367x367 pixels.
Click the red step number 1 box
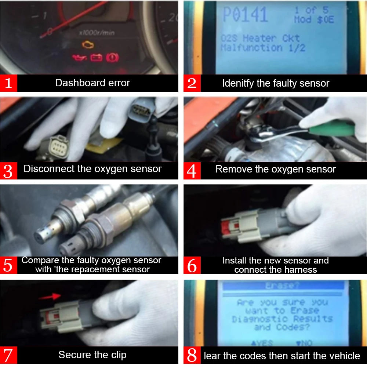point(9,83)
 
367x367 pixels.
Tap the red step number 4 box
point(192,170)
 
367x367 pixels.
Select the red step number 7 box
point(9,355)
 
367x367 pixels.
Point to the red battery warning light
point(96,58)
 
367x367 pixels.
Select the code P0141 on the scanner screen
point(245,15)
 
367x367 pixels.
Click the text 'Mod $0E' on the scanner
point(314,19)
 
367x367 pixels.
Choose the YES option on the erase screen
point(262,343)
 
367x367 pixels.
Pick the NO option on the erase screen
point(304,343)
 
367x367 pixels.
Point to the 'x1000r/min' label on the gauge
point(97,33)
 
